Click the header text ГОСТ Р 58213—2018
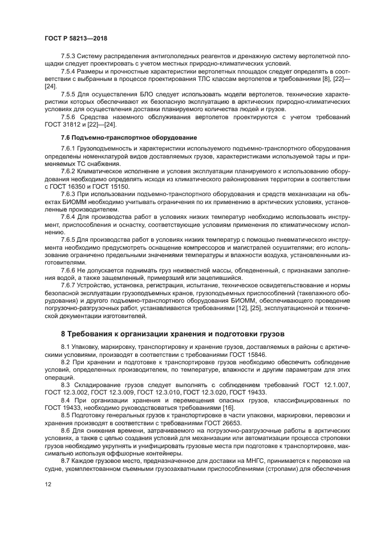click(76, 38)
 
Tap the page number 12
click(48, 483)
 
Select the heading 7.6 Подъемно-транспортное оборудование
click(128, 138)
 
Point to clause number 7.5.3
click(68, 57)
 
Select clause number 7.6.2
click(68, 171)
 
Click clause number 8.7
click(66, 459)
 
